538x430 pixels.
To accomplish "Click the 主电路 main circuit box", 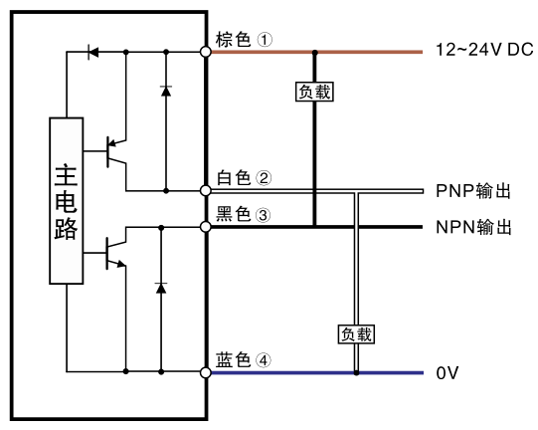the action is pos(67,201).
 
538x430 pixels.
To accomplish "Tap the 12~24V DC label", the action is pos(484,50).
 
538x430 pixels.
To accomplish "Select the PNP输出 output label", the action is pos(473,191).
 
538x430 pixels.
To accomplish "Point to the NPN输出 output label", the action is pos(473,227).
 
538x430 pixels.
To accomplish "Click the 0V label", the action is pos(448,373).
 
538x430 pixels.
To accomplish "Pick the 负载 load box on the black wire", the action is pos(314,92).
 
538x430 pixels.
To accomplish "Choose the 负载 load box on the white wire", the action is pos(356,334).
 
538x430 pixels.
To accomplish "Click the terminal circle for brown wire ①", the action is pos(205,52).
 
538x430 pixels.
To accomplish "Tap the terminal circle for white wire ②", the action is pos(205,190).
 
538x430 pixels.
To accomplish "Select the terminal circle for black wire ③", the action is pos(205,227).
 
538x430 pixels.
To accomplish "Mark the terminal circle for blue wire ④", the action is pos(205,372).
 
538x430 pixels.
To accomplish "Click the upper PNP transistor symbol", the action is pos(116,151).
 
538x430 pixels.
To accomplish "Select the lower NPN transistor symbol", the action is pos(116,253).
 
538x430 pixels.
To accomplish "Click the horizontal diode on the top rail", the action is pos(93,52).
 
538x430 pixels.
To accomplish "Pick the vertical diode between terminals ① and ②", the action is pos(166,91).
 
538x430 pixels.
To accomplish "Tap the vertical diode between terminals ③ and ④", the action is pos(161,288).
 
